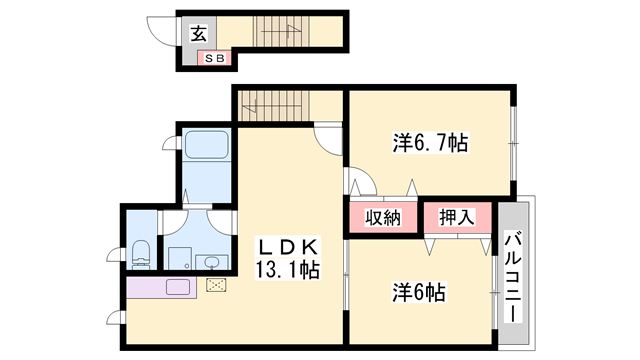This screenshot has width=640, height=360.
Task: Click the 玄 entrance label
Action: tap(198, 34)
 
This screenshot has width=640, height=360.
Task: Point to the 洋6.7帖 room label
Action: tap(429, 144)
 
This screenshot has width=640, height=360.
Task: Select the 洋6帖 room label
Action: tap(418, 293)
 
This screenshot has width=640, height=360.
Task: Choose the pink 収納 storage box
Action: tap(382, 217)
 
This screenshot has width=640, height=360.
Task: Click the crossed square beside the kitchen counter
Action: tap(216, 284)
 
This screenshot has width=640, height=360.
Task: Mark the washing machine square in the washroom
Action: tap(179, 258)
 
